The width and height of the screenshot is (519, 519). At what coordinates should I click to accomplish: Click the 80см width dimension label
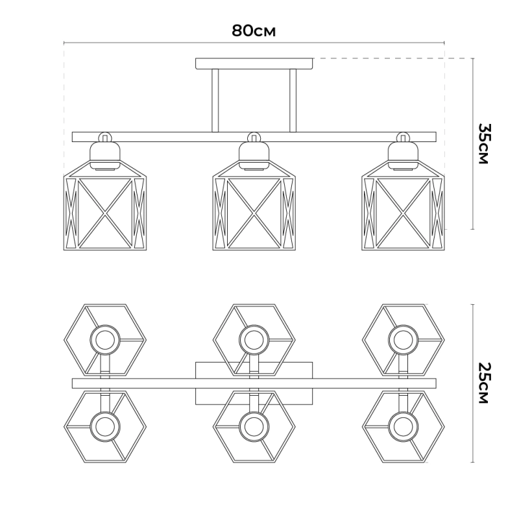pos(254,30)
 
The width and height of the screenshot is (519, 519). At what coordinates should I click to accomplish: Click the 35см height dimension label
pos(483,143)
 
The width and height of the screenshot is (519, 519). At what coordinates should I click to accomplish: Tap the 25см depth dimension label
pos(483,383)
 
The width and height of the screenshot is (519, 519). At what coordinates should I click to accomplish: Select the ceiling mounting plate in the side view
pos(254,64)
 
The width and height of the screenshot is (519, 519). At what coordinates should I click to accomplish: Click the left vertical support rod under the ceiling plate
pos(215,101)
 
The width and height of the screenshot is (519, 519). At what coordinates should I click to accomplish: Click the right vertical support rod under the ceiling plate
pos(293,101)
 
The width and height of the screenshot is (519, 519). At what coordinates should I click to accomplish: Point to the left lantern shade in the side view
pos(105,205)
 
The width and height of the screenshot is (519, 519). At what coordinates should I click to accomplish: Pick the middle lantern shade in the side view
pos(254,205)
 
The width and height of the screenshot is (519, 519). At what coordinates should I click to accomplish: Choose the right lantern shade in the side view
pos(403,205)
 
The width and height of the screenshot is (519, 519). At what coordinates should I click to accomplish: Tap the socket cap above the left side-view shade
pos(105,155)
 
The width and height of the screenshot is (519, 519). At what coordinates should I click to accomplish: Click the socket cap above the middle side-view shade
pos(254,155)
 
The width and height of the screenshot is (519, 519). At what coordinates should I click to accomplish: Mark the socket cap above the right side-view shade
pos(403,155)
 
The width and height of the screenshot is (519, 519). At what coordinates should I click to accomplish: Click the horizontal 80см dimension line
pos(254,43)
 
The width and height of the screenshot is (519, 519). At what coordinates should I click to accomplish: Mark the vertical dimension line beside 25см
pos(472,383)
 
